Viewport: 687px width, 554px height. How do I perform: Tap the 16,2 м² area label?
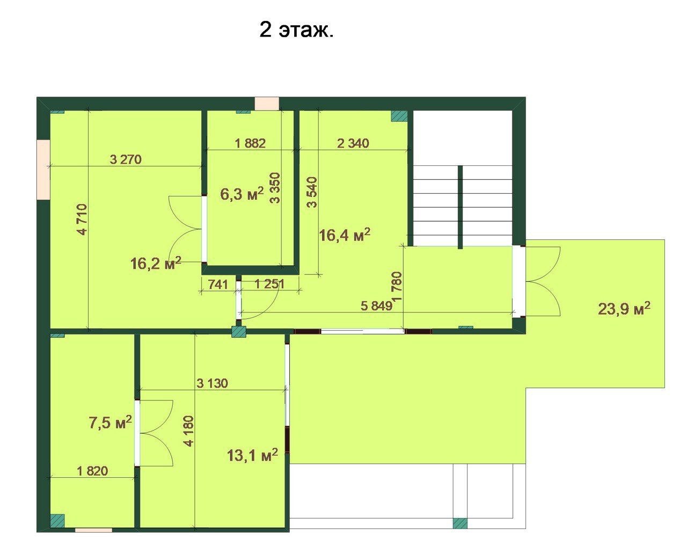tap(156, 263)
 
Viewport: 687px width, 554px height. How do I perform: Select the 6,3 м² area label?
tap(242, 193)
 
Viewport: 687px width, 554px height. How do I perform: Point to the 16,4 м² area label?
tap(345, 235)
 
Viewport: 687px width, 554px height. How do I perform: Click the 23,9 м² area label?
tap(624, 309)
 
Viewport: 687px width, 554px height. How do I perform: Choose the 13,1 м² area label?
tap(252, 455)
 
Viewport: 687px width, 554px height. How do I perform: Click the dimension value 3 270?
tap(126, 159)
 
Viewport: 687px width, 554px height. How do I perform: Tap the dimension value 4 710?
tap(82, 220)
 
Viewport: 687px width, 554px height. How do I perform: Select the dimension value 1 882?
tap(250, 143)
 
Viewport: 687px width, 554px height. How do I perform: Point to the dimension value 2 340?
tap(353, 143)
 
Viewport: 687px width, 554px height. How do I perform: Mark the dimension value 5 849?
tap(376, 306)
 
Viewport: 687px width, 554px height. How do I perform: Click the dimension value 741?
tap(218, 284)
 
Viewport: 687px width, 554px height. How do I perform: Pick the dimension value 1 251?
tap(270, 284)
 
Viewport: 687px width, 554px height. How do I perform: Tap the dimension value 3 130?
tap(213, 383)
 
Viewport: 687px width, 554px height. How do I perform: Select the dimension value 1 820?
tap(92, 471)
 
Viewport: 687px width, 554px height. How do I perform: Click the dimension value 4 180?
tap(189, 431)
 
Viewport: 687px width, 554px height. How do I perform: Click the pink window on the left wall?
tap(43, 170)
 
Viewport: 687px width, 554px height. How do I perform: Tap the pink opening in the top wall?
tap(267, 104)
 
